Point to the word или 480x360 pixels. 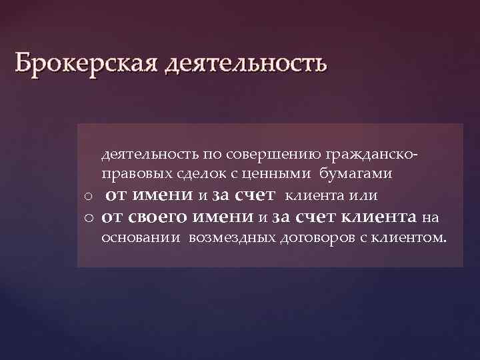367,195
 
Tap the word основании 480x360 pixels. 141,237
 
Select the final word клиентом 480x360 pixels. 409,237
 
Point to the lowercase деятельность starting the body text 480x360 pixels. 141,155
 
